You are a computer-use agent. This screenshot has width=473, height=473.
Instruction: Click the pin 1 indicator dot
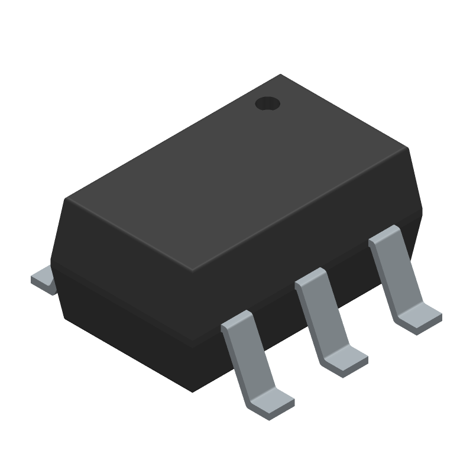click(267, 104)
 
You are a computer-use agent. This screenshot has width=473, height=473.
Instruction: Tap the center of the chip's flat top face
click(237, 174)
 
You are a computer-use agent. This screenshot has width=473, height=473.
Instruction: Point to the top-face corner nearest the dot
click(280, 75)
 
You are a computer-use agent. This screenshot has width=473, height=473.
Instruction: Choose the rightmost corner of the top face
click(409, 150)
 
